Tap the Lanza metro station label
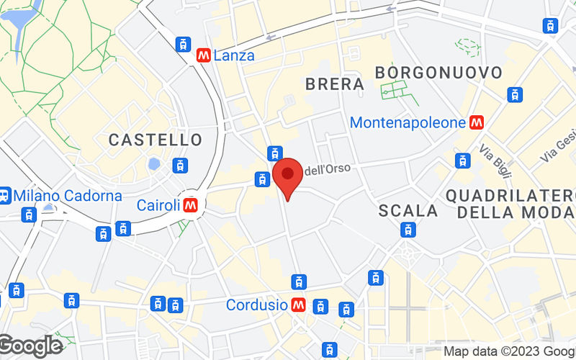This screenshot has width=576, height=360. point(234,55)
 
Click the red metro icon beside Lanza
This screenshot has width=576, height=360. point(203,55)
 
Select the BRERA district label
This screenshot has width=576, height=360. point(335,84)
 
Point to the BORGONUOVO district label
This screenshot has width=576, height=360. point(438,73)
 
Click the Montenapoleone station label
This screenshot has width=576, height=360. point(408,123)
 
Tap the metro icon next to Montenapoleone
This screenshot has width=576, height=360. point(476,123)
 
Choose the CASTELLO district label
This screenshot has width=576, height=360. point(156,140)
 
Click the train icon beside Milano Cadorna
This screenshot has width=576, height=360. point(4,195)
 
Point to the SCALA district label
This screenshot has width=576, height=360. point(408,211)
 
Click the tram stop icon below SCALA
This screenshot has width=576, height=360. point(408,230)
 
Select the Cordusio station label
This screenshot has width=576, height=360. point(257,305)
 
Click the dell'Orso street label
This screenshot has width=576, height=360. point(328,169)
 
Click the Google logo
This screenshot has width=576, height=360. point(31,346)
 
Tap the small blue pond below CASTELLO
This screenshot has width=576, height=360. point(154,164)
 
